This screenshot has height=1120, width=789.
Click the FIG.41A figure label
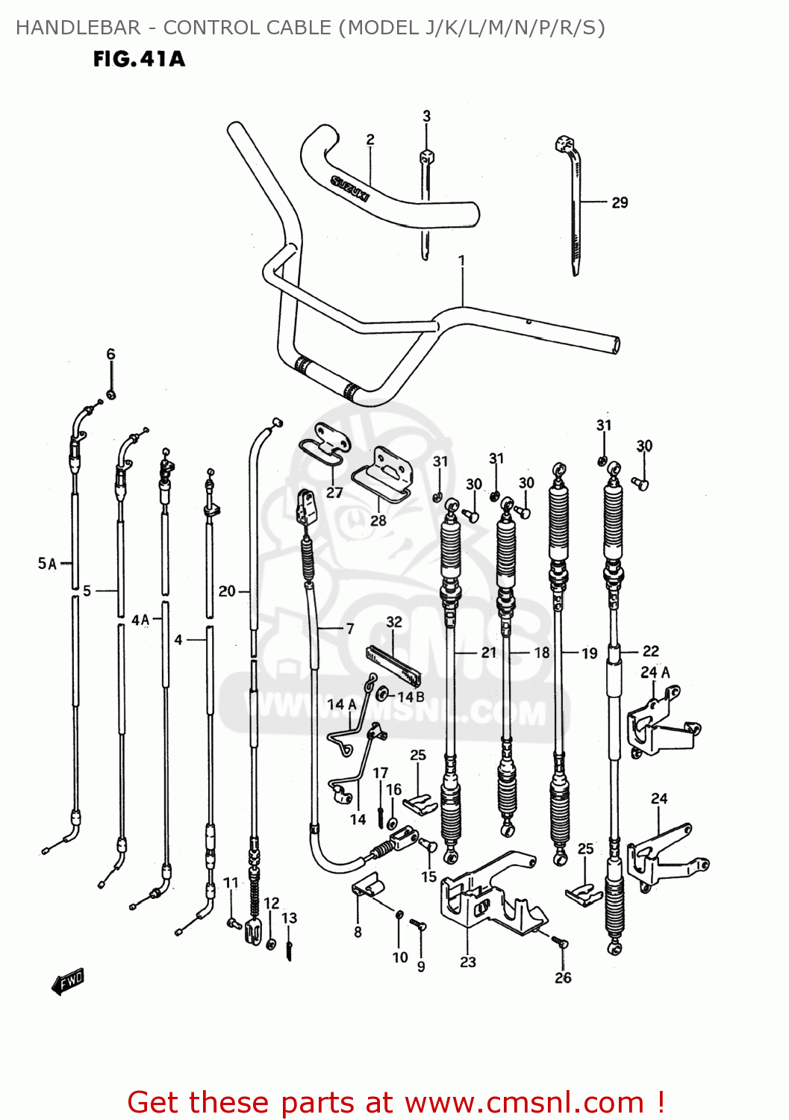(139, 59)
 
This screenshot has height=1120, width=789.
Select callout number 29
(620, 202)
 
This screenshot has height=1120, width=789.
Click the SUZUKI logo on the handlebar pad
(350, 188)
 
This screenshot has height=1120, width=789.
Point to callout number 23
(468, 962)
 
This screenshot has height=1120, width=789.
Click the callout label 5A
(47, 563)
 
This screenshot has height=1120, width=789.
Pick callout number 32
(394, 621)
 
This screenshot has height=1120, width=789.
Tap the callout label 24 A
(655, 672)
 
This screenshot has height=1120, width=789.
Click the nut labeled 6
(110, 393)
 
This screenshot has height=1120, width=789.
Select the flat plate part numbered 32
(393, 666)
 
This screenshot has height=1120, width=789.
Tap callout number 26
(563, 977)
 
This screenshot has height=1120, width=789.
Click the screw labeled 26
(561, 942)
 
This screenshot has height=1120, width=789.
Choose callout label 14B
(411, 697)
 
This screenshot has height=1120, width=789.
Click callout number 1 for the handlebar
(462, 261)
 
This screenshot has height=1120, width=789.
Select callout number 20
(227, 591)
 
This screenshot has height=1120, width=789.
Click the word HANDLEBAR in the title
(78, 28)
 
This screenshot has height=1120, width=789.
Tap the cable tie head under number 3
(426, 157)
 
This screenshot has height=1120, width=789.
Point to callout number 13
(289, 918)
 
